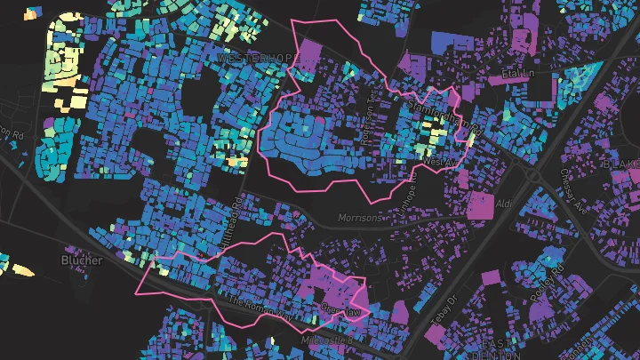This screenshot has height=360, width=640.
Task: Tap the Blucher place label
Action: click(x=82, y=260)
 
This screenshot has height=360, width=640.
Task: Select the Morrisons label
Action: click(x=360, y=218)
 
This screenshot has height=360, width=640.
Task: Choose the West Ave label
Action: click(x=438, y=162)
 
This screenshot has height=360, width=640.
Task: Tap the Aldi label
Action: click(x=504, y=204)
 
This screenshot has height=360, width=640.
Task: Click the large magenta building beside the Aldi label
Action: click(x=480, y=205)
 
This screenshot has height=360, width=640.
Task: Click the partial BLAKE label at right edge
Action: click(x=621, y=164)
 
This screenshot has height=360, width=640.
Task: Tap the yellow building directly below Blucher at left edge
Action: click(x=23, y=270)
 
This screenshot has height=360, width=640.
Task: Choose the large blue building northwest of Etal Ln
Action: click(x=453, y=41)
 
